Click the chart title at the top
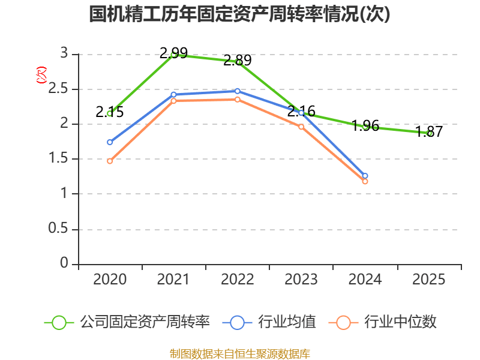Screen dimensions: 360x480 click(239, 14)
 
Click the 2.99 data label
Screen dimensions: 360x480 click(173, 53)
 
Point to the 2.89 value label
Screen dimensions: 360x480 click(237, 60)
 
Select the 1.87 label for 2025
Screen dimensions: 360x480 click(429, 132)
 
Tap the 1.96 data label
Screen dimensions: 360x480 click(365, 125)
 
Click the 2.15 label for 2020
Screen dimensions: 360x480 click(110, 112)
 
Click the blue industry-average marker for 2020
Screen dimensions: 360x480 click(110, 142)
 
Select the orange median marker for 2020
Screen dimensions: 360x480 click(110, 161)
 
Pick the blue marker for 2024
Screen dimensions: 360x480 click(365, 176)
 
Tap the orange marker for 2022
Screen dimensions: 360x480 click(238, 100)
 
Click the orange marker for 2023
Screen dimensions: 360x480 click(301, 127)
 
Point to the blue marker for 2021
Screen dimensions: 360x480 click(173, 94)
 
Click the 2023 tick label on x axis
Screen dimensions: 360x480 click(301, 280)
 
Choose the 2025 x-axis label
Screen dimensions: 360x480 click(429, 280)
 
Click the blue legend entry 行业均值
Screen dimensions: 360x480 click(269, 322)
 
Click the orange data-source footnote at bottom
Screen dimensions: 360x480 click(239, 353)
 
